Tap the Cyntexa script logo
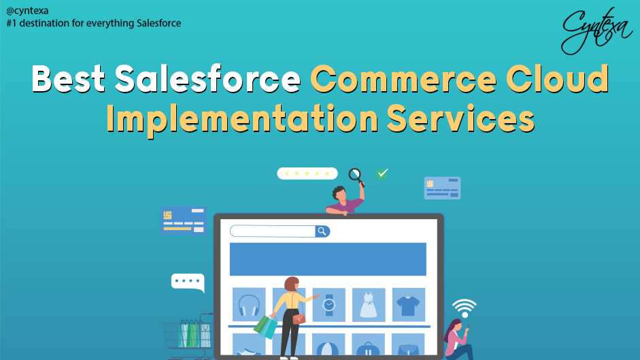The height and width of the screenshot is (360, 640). coord(597,31)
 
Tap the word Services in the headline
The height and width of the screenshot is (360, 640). coord(460,120)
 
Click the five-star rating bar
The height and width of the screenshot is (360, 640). coord(307,174)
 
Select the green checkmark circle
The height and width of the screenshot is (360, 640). coord(382,174)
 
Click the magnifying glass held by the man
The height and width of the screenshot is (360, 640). coord(356,175)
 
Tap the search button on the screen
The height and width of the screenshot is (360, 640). coord(322,231)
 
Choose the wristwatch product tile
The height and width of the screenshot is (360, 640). coord(329,305)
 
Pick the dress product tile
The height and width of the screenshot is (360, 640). coord(369,305)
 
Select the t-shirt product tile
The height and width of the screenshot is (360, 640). coord(408,305)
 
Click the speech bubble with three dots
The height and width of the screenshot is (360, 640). coord(187,282)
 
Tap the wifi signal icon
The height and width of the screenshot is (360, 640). coord(465,308)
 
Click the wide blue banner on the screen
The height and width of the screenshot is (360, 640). coord(328,259)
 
